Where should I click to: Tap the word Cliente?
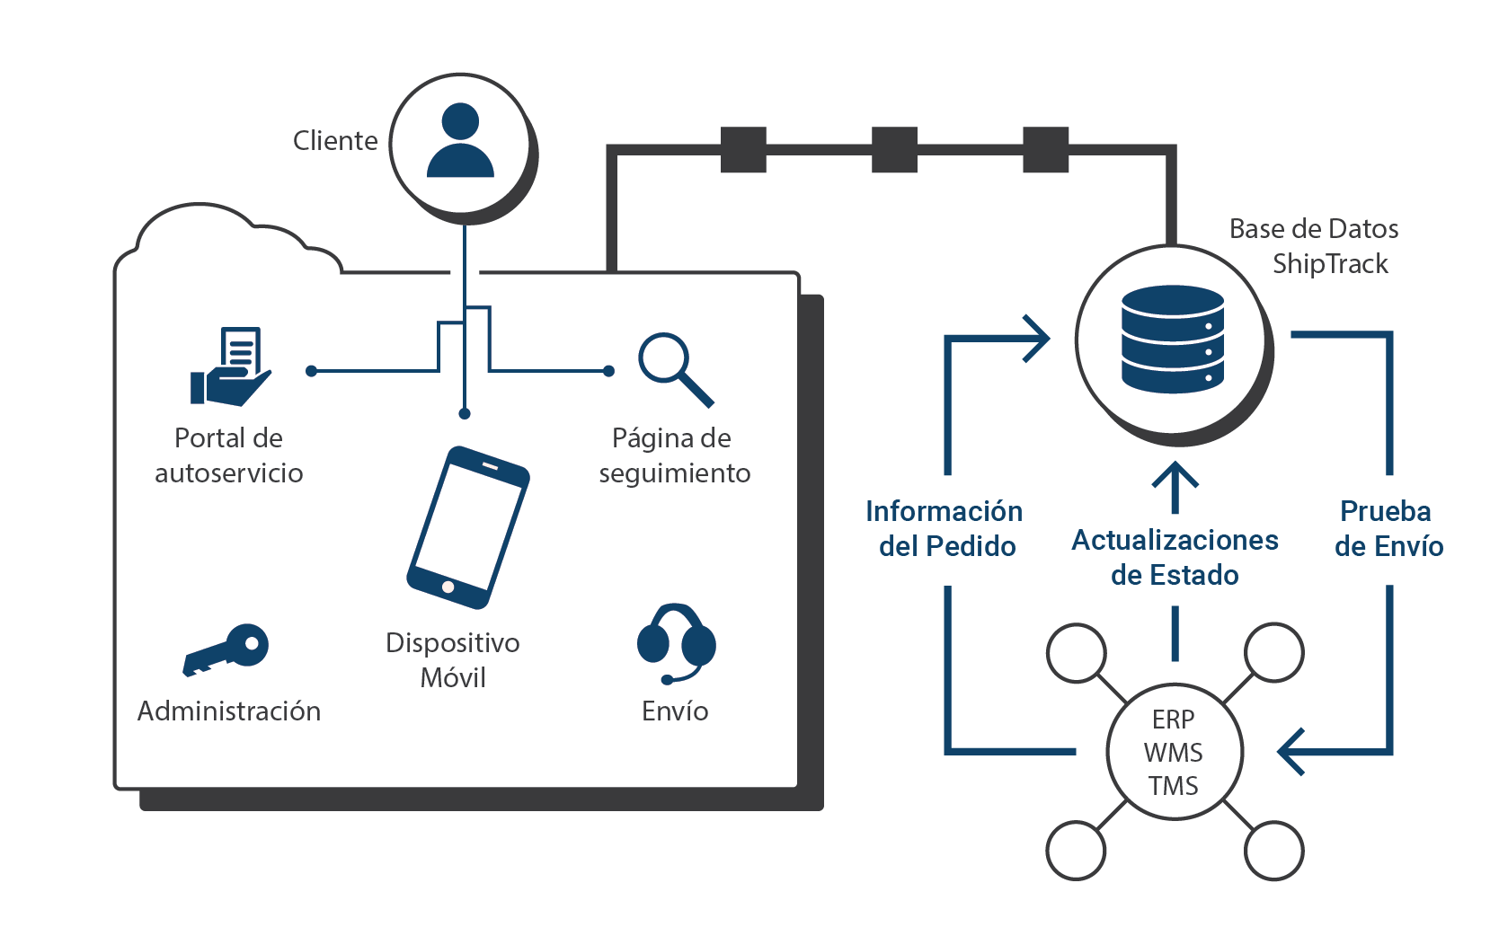point(335,141)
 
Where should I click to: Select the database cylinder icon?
point(1173,340)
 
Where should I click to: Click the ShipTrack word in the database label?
point(1330,263)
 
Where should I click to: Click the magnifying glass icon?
point(675,368)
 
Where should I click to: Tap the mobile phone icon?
point(467,527)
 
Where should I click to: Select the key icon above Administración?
point(227,649)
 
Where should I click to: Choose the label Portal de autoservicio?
point(228,455)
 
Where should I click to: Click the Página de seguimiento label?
point(674,455)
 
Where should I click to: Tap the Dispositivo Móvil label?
point(453,659)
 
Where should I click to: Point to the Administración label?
point(229,711)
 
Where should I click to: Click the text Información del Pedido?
point(945,528)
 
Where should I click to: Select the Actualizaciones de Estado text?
point(1175,557)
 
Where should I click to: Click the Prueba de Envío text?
point(1388,528)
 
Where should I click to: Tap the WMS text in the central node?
point(1173,753)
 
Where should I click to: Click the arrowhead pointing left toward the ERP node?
point(1291,751)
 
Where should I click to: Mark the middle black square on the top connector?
point(894,150)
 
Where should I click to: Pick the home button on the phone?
point(448,587)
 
